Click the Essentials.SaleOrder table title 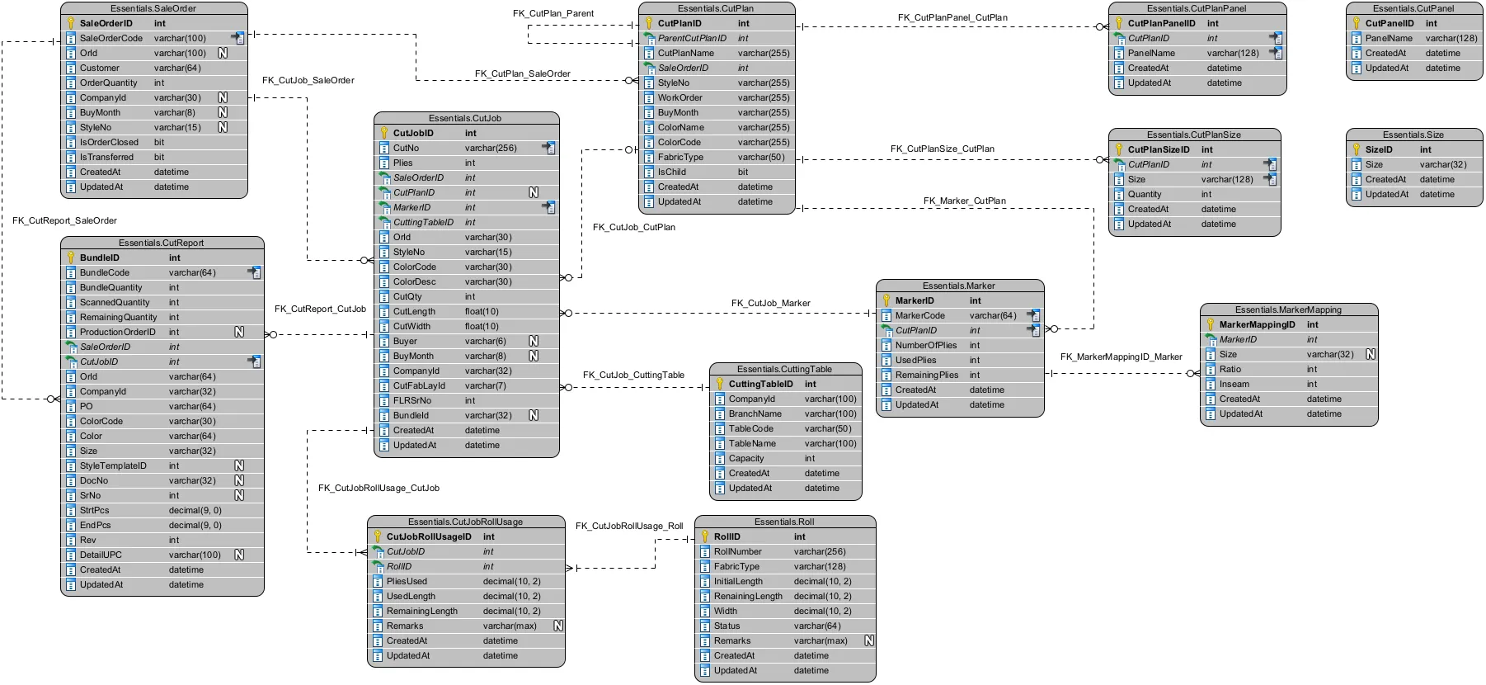(153, 8)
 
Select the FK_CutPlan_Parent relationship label (553, 13)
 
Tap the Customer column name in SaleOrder (100, 68)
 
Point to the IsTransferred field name (106, 157)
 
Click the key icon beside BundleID (71, 257)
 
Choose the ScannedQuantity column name (115, 302)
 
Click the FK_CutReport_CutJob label (320, 309)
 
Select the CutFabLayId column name (419, 385)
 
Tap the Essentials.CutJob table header (465, 118)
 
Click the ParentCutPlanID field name (692, 38)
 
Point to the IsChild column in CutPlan (671, 172)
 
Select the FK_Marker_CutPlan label (964, 201)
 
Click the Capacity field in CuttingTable (746, 458)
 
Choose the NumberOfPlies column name (926, 345)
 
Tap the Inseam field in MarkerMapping (1234, 384)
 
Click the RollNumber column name (738, 551)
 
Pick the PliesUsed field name (407, 581)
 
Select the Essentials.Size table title (1413, 135)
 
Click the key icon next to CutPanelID (1357, 23)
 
